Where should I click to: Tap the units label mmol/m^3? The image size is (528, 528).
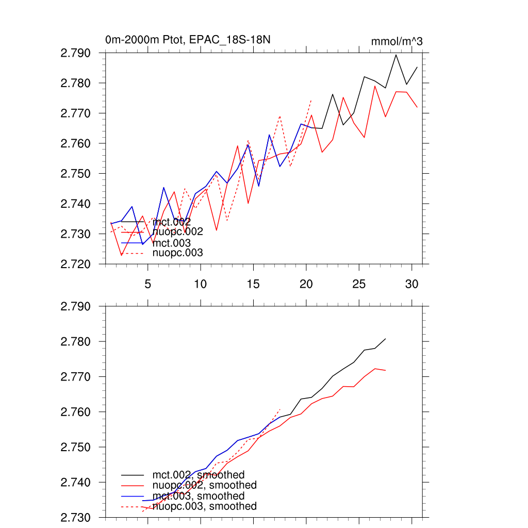tap(397, 41)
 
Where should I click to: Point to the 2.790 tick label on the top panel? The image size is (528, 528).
tap(76, 53)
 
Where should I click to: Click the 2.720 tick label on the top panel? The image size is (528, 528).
tap(76, 264)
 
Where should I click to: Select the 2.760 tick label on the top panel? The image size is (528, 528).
tap(76, 143)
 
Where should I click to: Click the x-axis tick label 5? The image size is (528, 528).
tap(147, 284)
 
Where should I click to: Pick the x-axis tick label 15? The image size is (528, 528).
tap(253, 284)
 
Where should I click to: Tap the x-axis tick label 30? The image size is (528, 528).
tap(411, 284)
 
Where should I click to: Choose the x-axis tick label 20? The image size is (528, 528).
tap(306, 284)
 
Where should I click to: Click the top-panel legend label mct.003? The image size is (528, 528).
tap(172, 243)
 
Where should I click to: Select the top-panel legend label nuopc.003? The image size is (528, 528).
tap(178, 253)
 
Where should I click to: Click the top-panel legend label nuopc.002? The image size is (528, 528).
tap(178, 232)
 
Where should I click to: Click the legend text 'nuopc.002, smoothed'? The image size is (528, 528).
tap(204, 485)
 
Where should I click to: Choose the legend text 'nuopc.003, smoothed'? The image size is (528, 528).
tap(204, 506)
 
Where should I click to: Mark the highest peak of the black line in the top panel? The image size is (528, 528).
tap(396, 55)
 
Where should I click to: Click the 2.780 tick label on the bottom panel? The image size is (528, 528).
tap(76, 342)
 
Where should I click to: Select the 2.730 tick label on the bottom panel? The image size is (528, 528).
tap(76, 517)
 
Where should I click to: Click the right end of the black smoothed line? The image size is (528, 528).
tap(385, 339)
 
